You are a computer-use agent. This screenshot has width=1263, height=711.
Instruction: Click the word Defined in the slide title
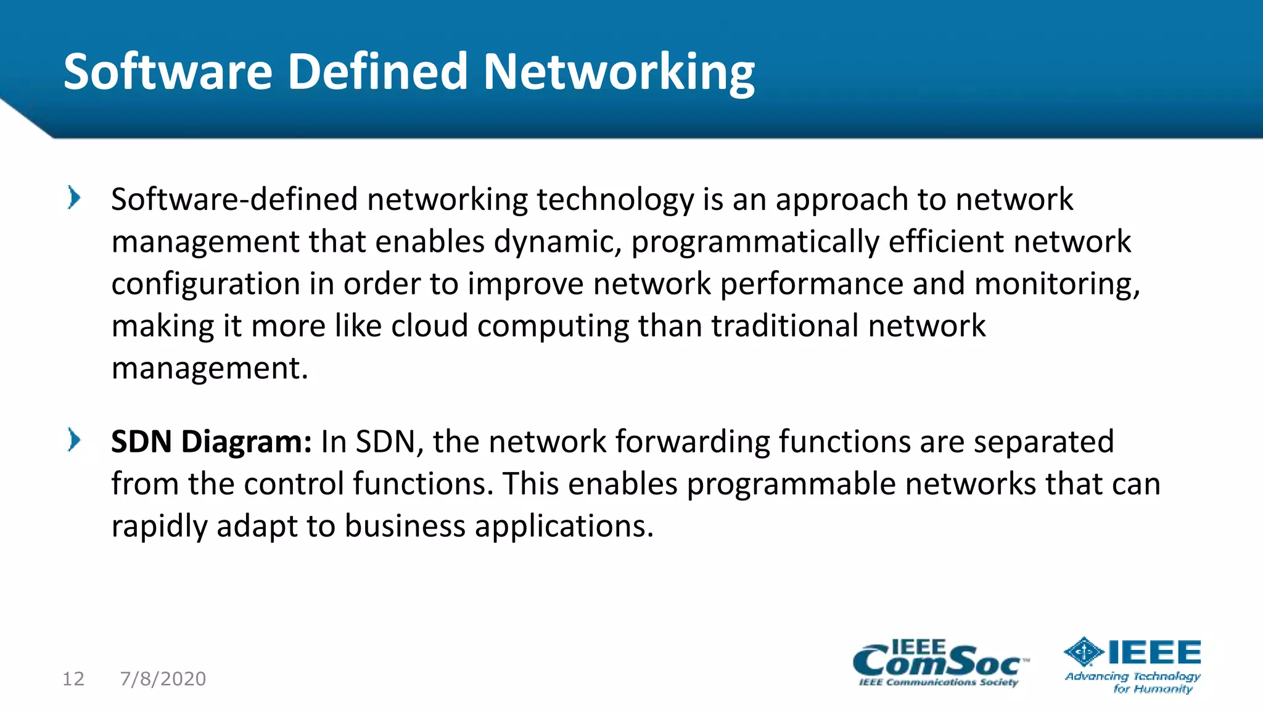click(377, 72)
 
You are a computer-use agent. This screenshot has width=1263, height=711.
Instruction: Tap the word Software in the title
click(168, 72)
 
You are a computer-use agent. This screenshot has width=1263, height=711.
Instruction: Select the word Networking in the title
click(619, 73)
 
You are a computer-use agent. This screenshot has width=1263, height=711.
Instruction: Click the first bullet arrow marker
click(74, 198)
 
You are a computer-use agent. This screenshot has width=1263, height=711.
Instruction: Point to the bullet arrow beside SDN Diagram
click(74, 440)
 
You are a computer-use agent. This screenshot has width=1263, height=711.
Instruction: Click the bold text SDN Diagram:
click(211, 442)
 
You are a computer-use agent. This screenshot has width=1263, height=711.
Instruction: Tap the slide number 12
click(73, 679)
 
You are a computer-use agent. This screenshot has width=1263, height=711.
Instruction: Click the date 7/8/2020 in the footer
click(163, 679)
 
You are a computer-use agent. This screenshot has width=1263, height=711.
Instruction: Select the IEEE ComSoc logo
click(939, 662)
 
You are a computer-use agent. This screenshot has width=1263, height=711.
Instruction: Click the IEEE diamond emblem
click(1084, 652)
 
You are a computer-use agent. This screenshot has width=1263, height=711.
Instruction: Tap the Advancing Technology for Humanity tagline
click(1133, 683)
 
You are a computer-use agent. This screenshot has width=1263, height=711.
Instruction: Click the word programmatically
click(755, 242)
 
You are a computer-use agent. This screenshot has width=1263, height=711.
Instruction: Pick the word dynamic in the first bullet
click(557, 242)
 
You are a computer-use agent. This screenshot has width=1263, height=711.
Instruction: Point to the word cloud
click(429, 326)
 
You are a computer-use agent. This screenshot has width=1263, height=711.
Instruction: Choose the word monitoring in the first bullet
click(1056, 284)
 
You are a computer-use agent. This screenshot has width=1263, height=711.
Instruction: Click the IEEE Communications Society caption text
click(938, 683)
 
